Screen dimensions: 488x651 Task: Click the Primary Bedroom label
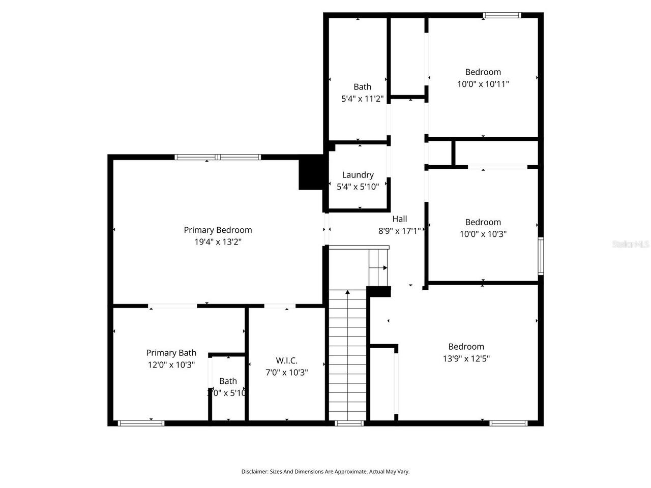[x=218, y=230]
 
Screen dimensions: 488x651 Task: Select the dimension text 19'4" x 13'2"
[x=218, y=242]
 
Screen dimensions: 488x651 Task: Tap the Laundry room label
[x=358, y=175]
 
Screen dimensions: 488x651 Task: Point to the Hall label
[x=399, y=219]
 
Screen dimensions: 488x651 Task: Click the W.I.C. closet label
[x=286, y=360]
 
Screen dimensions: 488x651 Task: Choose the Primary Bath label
[x=171, y=353]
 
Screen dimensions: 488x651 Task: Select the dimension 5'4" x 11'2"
[x=362, y=99]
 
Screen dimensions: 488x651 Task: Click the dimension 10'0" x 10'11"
[x=483, y=84]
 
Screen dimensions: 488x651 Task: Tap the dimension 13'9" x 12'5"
[x=466, y=358]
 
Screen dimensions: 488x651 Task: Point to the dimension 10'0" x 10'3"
[x=483, y=234]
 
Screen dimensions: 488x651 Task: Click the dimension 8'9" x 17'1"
[x=399, y=231]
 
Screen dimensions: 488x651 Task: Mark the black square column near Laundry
[x=310, y=172]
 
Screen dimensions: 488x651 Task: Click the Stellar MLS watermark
[x=631, y=245]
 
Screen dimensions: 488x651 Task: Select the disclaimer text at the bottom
[x=325, y=472]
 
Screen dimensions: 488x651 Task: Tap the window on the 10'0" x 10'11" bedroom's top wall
[x=502, y=15]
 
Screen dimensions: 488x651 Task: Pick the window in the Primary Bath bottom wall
[x=141, y=423]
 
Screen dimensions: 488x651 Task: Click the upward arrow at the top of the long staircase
[x=347, y=292]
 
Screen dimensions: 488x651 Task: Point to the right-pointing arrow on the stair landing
[x=385, y=268]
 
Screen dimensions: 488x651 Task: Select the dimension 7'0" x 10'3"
[x=286, y=373]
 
